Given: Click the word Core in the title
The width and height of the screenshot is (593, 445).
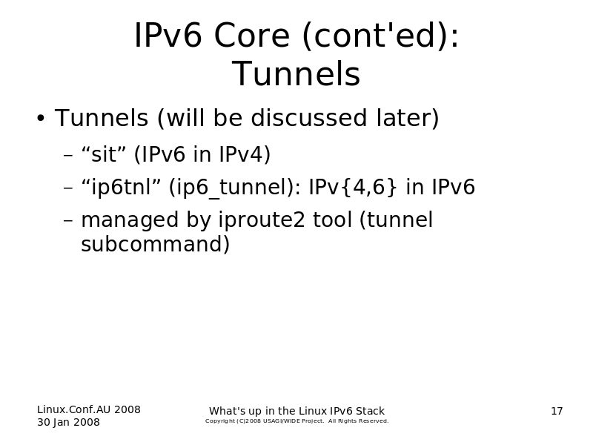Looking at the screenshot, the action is tap(252, 35).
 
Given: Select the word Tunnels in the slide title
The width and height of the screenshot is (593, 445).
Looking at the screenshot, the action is tap(296, 73).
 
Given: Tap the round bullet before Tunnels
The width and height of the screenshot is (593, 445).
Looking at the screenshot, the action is tap(41, 119).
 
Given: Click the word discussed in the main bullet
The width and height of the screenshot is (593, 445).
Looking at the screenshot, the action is tap(308, 118).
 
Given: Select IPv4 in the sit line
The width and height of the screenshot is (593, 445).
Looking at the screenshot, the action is tap(245, 154).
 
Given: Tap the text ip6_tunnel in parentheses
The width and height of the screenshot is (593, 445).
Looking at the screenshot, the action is tap(232, 187).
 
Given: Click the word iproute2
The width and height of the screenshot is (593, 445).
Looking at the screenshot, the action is tap(262, 220).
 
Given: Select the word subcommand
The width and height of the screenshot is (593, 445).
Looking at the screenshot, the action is tap(156, 244).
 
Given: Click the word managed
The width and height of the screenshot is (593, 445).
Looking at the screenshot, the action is tap(130, 220).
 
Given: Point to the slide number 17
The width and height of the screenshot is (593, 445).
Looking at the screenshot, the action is tap(557, 411).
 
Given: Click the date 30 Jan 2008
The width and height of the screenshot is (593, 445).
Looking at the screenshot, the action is tap(68, 422).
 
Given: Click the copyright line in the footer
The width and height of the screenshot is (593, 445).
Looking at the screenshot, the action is tap(297, 421).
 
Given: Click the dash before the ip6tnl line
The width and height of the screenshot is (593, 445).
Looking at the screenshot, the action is tap(68, 188).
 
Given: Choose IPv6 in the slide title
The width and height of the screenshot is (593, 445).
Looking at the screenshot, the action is tap(168, 35).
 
